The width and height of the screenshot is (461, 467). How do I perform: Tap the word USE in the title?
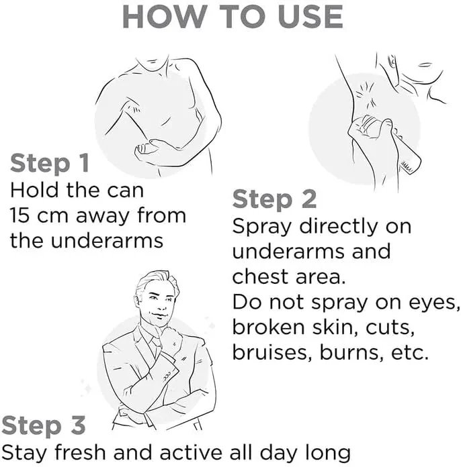pyautogui.click(x=310, y=17)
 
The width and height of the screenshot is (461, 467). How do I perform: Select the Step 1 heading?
pyautogui.click(x=50, y=164)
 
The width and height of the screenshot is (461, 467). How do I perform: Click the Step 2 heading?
pyautogui.click(x=274, y=200)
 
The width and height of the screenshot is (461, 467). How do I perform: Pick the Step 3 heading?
pyautogui.click(x=44, y=426)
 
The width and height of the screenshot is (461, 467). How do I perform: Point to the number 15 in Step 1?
pyautogui.click(x=19, y=215)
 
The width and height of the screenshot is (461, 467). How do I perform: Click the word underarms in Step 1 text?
pyautogui.click(x=107, y=240)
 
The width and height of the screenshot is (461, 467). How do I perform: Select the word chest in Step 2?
pyautogui.click(x=260, y=276)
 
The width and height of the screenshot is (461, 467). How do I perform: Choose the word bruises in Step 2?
pyautogui.click(x=271, y=352)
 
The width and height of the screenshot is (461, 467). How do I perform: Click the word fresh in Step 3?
pyautogui.click(x=80, y=452)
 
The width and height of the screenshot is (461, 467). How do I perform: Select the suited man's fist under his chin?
pyautogui.click(x=171, y=338)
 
